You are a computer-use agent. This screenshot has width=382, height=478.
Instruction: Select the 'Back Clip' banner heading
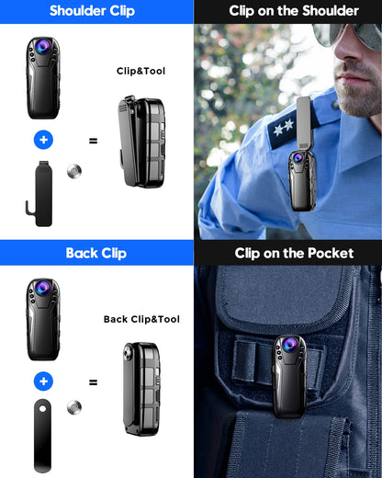[x=95, y=253]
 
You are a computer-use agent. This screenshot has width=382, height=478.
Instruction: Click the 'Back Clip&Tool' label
[x=141, y=319]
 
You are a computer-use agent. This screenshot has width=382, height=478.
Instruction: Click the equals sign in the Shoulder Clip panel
[x=93, y=141]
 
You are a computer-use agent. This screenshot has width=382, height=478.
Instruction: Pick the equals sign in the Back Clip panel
[x=93, y=381]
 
